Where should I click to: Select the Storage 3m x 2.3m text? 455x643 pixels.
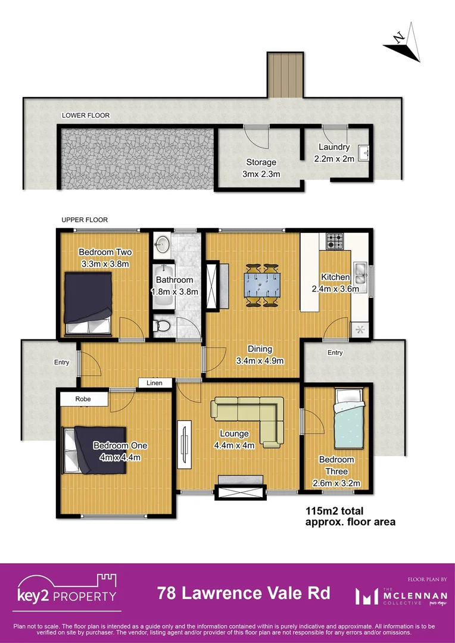261,167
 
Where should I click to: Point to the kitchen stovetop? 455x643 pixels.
334,241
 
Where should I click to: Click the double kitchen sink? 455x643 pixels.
360,274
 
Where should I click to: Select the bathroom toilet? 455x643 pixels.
160,326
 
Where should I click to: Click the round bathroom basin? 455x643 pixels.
162,244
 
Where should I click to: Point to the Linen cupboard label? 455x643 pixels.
154,383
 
